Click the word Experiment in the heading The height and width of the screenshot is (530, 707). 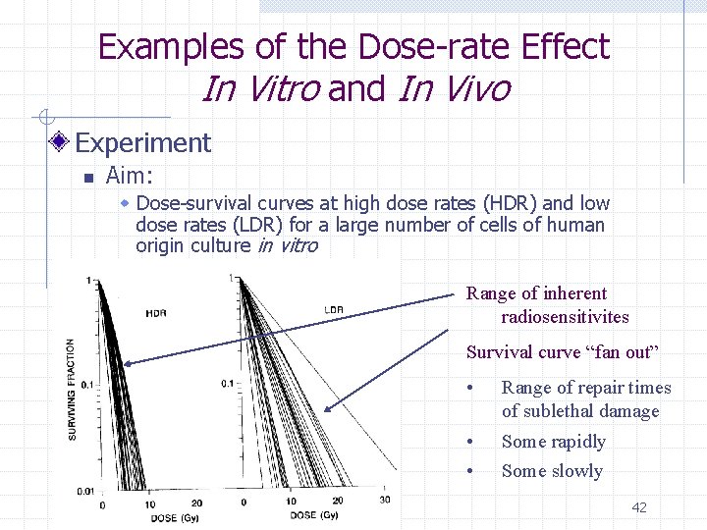[x=142, y=143]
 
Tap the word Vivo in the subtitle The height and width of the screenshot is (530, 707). [x=455, y=88]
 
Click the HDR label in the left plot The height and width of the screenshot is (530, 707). [x=155, y=313]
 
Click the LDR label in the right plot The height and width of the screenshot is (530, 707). [x=334, y=310]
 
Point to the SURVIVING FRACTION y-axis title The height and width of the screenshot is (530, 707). [x=71, y=389]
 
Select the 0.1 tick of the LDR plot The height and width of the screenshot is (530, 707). [x=227, y=383]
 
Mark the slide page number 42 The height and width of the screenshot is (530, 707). [x=638, y=507]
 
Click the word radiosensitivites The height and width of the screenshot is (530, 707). [x=565, y=317]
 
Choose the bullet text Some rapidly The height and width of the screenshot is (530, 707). [x=553, y=442]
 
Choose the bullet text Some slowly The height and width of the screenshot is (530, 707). [x=552, y=471]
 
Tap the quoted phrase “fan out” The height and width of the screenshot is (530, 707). [x=623, y=352]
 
